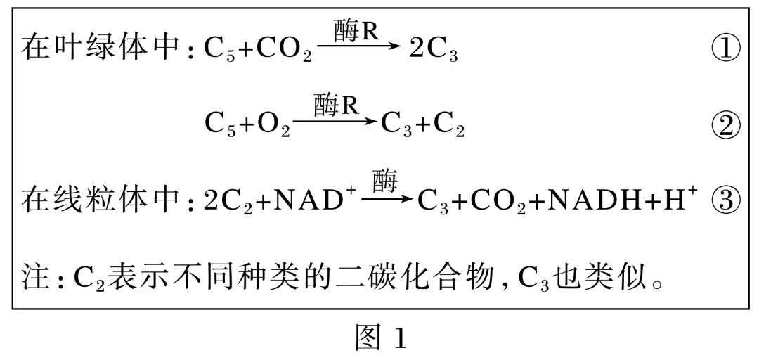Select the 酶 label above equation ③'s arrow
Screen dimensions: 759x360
385,181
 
